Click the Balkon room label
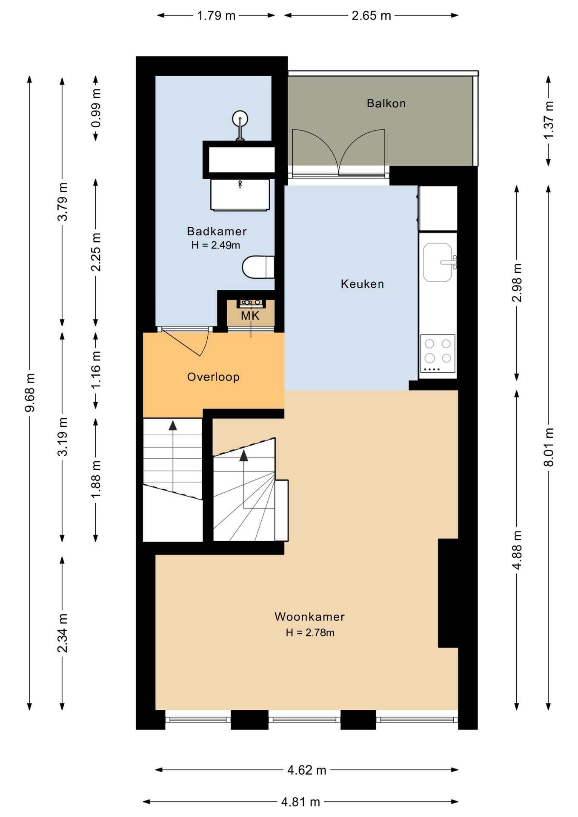click(386, 103)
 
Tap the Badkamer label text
click(217, 231)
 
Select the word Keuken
click(362, 284)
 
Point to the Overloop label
click(213, 377)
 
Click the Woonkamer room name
click(309, 617)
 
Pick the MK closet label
click(250, 316)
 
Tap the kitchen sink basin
click(438, 262)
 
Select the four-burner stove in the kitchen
click(438, 354)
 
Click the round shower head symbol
click(240, 119)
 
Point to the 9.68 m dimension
click(30, 393)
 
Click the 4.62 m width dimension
click(306, 770)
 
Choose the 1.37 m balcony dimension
click(549, 120)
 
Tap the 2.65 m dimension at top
click(371, 16)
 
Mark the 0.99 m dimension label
click(96, 108)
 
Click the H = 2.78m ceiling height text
click(310, 633)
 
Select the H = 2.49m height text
click(215, 245)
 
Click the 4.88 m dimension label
click(517, 550)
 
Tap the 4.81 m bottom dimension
click(300, 802)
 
